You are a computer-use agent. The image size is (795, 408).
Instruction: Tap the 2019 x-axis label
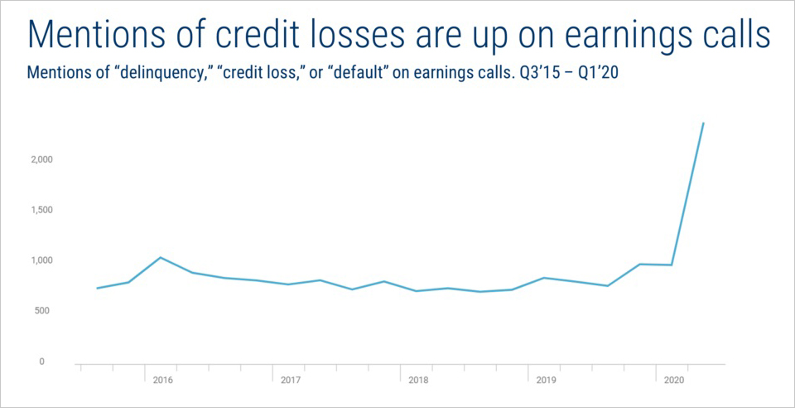pos(545,380)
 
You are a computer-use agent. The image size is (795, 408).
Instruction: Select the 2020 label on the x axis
pos(672,380)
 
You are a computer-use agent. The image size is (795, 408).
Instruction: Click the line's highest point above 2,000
pos(703,123)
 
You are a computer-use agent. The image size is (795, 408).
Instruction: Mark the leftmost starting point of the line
pos(97,289)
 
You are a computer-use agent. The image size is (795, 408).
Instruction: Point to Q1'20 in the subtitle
pos(603,73)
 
